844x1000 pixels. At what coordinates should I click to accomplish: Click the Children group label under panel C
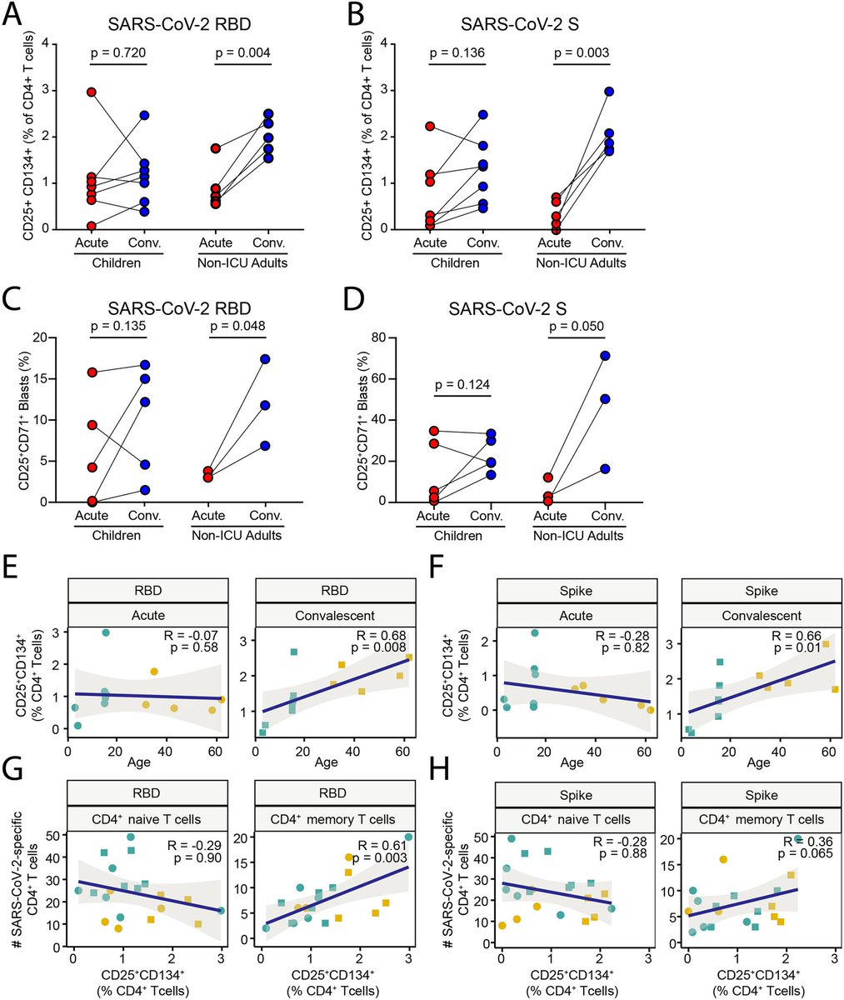tap(118, 535)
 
